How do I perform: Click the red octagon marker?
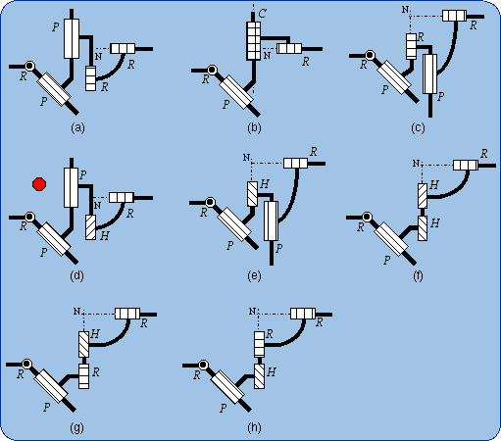tap(39, 184)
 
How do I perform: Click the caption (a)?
tap(77, 127)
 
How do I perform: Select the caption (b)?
tap(254, 127)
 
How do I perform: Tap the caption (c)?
tap(418, 127)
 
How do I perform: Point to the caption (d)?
tap(76, 276)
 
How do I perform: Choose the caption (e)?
tap(254, 276)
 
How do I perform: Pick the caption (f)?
tap(418, 276)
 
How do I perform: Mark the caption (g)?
tap(76, 427)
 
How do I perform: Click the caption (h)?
tap(254, 427)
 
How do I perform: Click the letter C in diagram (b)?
tap(262, 14)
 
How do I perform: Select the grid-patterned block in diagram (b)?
tap(254, 40)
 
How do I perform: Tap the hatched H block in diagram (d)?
tap(91, 227)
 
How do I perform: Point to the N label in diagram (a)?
tap(98, 56)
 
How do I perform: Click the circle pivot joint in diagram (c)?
tap(370, 55)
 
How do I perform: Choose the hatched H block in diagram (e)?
tap(252, 194)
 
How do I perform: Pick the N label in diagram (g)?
tap(76, 312)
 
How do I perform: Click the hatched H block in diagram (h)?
tap(259, 376)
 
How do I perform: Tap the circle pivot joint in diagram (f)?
tap(367, 217)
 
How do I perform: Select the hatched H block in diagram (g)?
tap(83, 344)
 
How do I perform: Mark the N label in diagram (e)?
tap(246, 158)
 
